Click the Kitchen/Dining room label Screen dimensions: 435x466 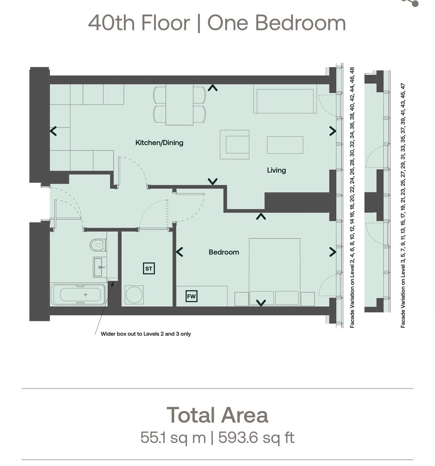159,143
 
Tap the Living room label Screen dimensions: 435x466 276,170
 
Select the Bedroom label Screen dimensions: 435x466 224,252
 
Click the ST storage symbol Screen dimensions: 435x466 149,268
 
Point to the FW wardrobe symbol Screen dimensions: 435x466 191,296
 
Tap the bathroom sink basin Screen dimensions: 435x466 100,267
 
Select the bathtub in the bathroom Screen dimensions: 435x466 79,295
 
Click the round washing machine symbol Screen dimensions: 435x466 134,295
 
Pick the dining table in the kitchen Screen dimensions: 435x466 180,105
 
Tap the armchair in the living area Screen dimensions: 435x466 234,144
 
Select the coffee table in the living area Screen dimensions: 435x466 285,145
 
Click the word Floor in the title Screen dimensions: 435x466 165,23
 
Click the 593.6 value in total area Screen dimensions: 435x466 238,438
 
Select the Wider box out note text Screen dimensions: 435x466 146,334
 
